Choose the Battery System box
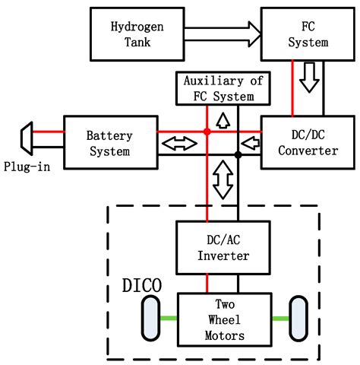tap(109, 142)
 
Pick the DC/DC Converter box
tap(298, 141)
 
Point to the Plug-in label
tap(27, 167)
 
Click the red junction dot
tap(207, 132)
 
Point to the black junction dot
tap(238, 154)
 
